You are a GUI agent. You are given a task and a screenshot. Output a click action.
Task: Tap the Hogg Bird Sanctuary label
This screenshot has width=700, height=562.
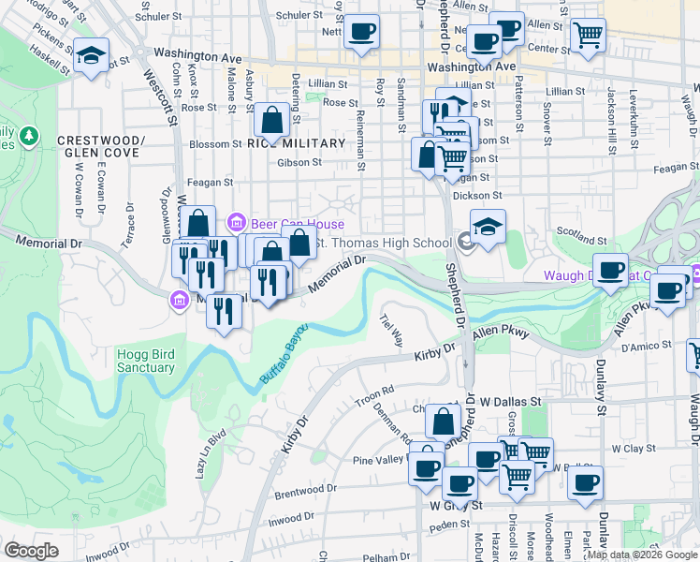(146, 361)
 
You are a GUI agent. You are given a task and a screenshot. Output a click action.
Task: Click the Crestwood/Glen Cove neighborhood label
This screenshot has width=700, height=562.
(102, 147)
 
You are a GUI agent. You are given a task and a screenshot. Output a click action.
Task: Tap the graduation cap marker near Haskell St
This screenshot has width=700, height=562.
(92, 55)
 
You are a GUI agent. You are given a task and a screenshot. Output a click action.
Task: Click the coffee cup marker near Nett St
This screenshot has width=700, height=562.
(361, 32)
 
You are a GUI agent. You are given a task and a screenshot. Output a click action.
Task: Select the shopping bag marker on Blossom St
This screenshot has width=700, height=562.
(271, 120)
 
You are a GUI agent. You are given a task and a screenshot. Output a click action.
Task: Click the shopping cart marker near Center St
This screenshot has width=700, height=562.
(588, 35)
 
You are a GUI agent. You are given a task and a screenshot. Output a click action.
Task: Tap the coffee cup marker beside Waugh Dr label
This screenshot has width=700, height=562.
(611, 271)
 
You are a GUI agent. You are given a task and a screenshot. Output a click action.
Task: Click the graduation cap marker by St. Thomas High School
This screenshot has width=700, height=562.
(488, 228)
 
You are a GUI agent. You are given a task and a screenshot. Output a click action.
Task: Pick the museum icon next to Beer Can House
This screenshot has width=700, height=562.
(236, 222)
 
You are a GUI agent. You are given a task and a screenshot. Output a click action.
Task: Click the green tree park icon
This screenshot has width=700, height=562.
(29, 136)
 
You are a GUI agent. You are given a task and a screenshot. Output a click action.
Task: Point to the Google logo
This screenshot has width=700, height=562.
(31, 551)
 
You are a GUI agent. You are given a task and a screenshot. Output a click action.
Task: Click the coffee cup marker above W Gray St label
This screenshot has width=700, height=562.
(459, 483)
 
